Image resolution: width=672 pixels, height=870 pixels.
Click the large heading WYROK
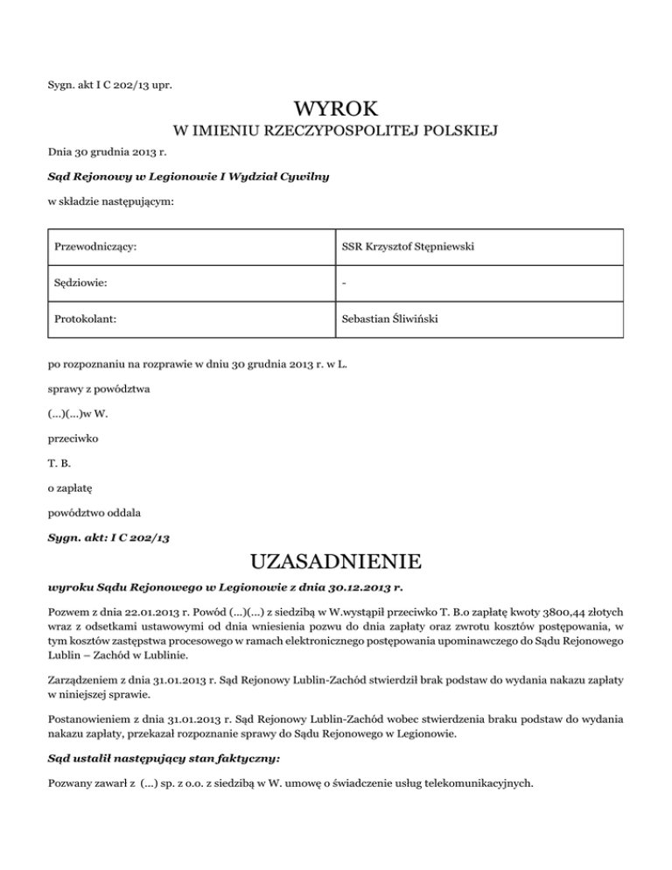click(336, 109)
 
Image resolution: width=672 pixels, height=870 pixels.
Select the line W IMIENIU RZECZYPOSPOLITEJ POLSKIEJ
click(336, 132)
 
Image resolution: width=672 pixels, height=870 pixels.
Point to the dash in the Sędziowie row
click(344, 284)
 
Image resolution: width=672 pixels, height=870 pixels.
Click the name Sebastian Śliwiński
click(389, 319)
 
